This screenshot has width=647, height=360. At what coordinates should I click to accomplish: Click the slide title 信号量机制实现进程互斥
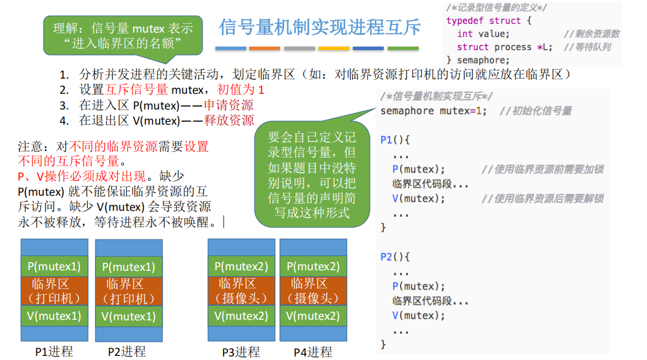click(320, 27)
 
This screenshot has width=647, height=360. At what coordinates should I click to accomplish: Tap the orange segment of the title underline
click(264, 48)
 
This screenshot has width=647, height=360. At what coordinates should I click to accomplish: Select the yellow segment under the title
click(334, 48)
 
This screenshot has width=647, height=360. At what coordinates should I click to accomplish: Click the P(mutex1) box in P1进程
click(55, 266)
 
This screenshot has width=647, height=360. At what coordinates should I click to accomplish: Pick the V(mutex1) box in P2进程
click(129, 316)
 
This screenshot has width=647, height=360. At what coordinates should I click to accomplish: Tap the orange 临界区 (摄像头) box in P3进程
click(241, 291)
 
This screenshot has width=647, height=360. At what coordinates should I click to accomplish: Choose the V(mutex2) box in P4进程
click(313, 316)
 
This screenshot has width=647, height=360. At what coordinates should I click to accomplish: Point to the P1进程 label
click(54, 352)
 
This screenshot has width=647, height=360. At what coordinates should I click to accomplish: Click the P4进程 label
click(313, 352)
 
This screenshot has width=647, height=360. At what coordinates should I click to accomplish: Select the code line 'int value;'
click(483, 34)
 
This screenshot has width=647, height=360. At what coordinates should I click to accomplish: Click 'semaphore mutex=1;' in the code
click(433, 111)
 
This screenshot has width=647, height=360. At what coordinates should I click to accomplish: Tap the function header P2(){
click(395, 257)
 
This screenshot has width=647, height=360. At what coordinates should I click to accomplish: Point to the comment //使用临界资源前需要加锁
click(543, 170)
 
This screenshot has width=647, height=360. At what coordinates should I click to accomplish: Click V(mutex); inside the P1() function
click(418, 199)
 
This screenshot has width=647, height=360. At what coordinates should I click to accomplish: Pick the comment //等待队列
click(587, 47)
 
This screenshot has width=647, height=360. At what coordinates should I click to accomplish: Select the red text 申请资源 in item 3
click(229, 105)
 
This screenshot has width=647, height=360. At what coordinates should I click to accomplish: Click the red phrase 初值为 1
click(241, 90)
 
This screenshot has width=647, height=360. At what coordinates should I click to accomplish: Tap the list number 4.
click(64, 121)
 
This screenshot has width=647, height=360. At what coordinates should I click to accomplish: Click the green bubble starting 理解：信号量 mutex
click(123, 36)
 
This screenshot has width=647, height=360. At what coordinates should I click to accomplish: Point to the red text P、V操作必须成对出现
click(82, 177)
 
